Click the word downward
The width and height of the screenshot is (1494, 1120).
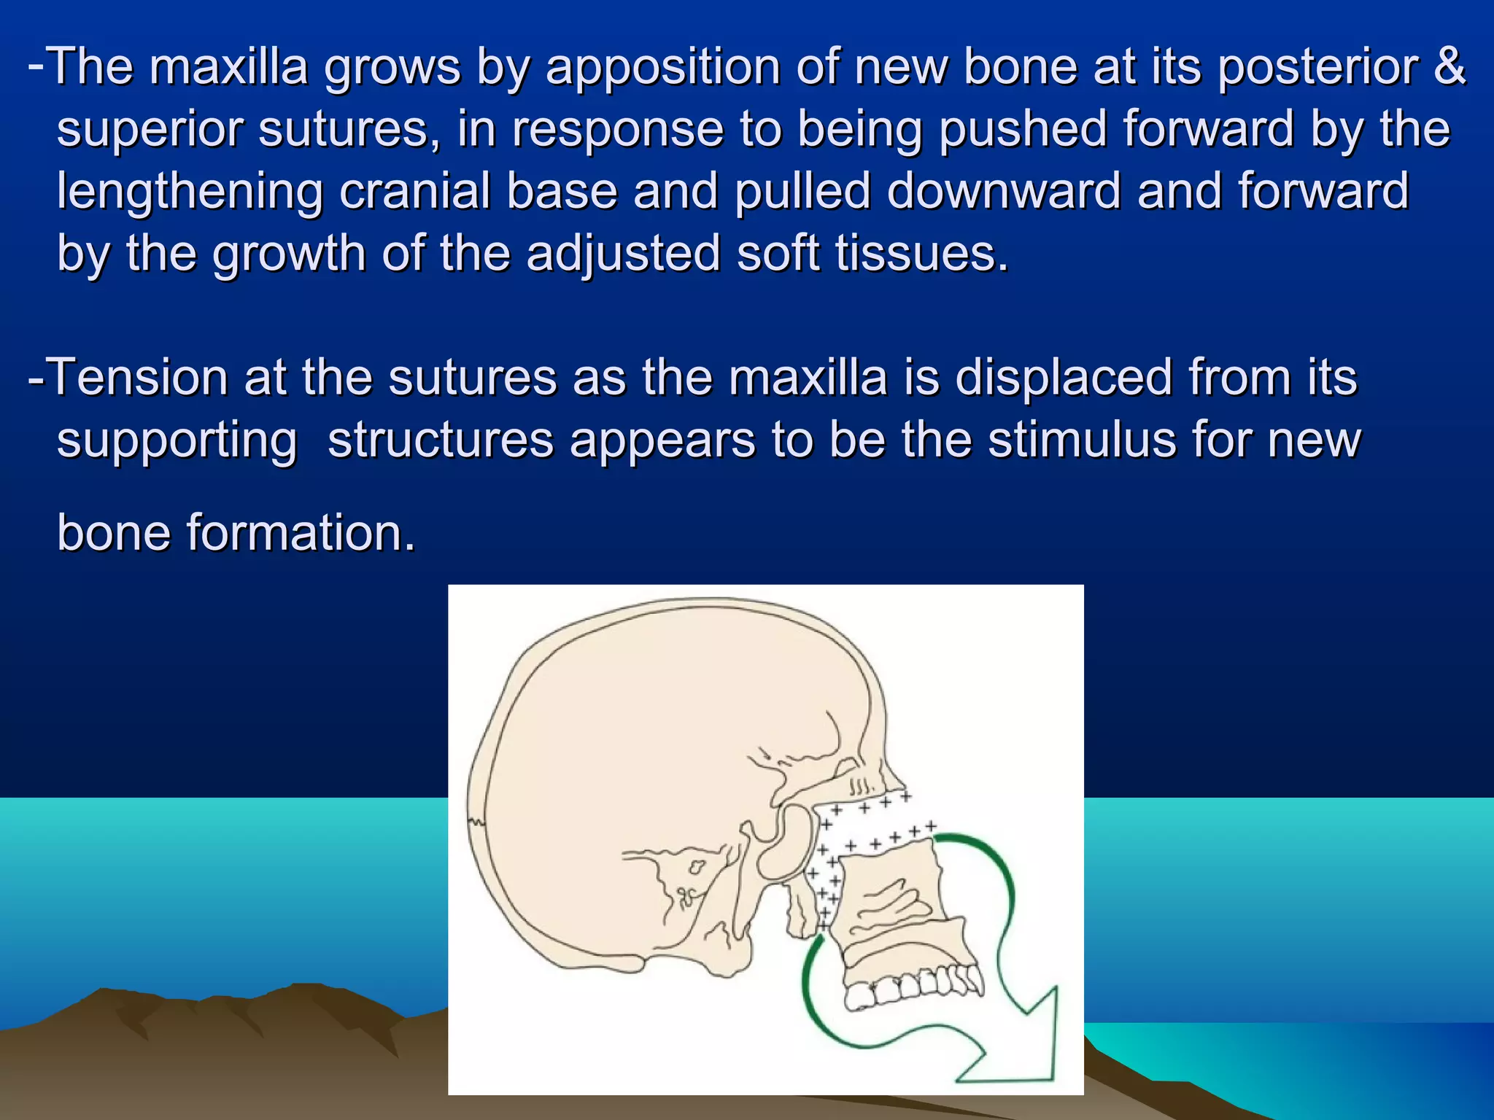click(x=1004, y=191)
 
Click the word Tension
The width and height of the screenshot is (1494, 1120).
click(x=137, y=378)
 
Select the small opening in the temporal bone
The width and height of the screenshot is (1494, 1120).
click(x=696, y=868)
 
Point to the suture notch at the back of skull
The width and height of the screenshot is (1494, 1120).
click(x=476, y=822)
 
